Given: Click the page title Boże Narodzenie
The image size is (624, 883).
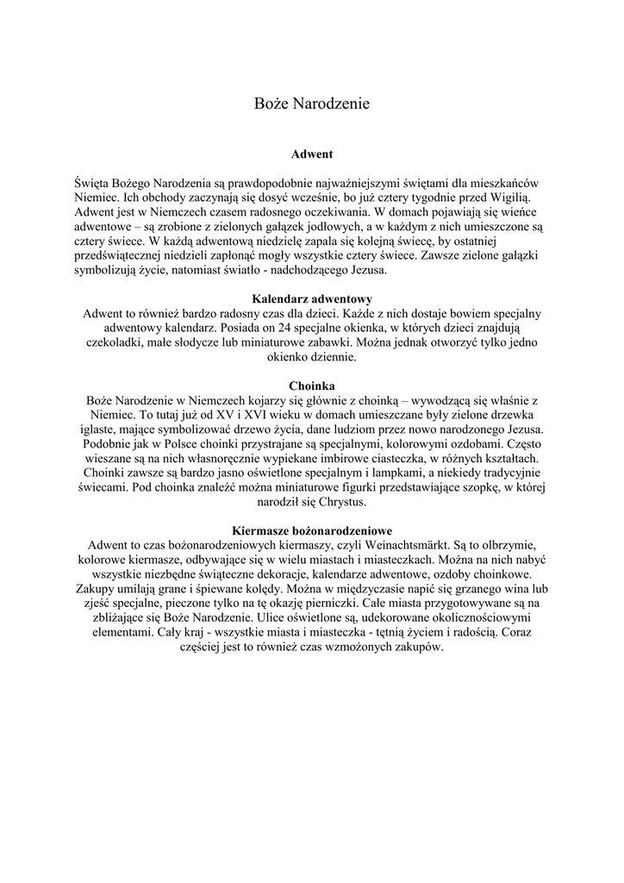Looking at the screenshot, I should click(312, 103).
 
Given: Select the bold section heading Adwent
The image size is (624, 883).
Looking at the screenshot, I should click(312, 154).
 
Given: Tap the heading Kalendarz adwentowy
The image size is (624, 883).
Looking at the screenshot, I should click(312, 299).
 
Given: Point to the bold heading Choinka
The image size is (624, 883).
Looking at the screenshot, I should click(312, 385).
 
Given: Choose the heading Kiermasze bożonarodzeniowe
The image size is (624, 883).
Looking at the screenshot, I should click(312, 530).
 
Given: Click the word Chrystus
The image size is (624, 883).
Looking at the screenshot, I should click(342, 501).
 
